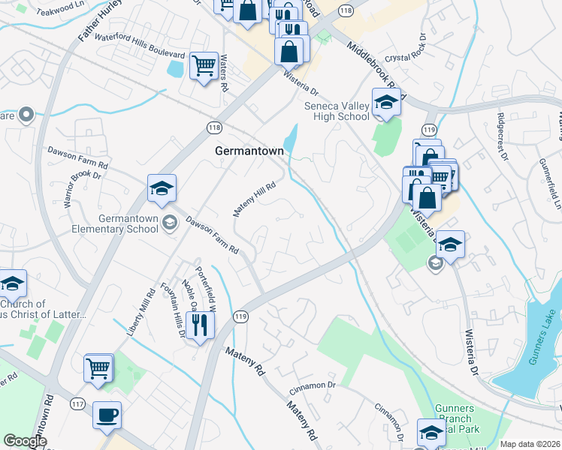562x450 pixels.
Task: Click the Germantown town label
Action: coord(249,151)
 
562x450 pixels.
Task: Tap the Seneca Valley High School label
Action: coord(337,111)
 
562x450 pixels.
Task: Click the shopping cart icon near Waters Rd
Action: coord(204,66)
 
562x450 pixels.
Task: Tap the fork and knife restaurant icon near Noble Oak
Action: coord(199,325)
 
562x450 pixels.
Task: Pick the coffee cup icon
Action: coord(107,415)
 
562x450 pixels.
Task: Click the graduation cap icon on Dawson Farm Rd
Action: coord(161,188)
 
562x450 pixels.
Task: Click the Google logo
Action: coord(25,441)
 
